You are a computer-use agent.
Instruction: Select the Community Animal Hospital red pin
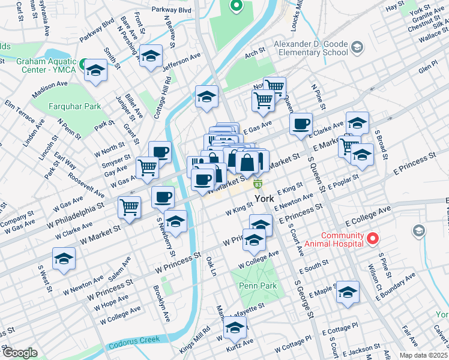(372, 239)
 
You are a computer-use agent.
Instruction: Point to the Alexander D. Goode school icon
(357, 47)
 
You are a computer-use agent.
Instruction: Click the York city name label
(265, 199)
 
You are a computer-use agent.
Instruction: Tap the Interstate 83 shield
(258, 184)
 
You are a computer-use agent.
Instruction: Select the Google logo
(20, 353)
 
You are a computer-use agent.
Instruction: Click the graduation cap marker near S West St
(64, 259)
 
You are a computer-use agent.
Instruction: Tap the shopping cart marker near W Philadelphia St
(130, 207)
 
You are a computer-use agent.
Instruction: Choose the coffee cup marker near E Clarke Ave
(301, 124)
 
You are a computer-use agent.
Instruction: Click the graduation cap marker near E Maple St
(348, 292)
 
